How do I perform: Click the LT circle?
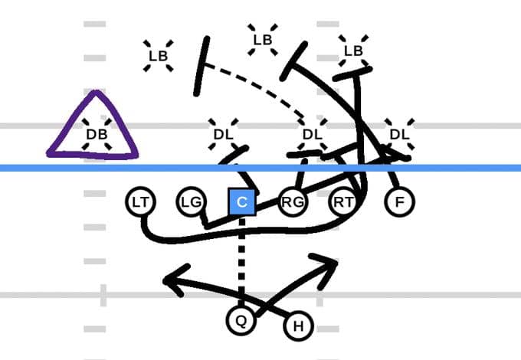click(x=139, y=202)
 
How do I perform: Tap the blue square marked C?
click(x=241, y=201)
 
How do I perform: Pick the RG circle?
click(x=290, y=202)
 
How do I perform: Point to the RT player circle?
click(x=342, y=202)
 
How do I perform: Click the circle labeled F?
click(x=398, y=202)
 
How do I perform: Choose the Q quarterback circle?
click(x=241, y=320)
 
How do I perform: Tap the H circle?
click(x=298, y=327)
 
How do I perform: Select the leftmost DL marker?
click(x=223, y=134)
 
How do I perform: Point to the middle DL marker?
click(x=311, y=134)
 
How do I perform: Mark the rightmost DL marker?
click(x=398, y=134)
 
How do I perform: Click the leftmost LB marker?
click(x=158, y=55)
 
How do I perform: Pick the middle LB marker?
click(x=263, y=40)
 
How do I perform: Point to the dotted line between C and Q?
click(x=241, y=260)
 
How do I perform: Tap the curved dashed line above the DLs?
click(x=260, y=82)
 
